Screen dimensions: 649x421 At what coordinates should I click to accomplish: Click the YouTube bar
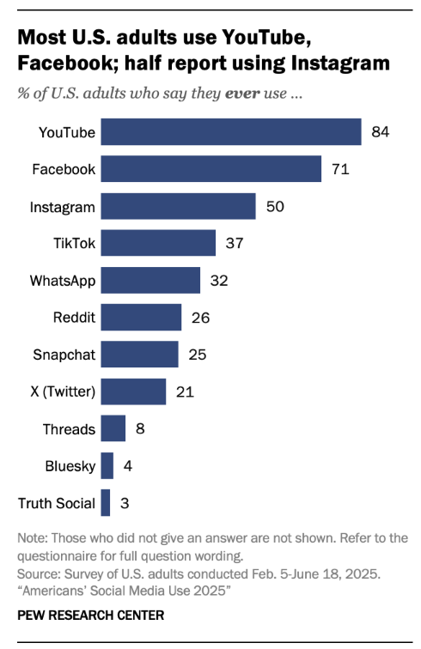point(230,132)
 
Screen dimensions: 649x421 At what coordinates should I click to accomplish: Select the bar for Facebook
point(210,169)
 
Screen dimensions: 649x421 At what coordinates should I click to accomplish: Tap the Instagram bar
point(178,206)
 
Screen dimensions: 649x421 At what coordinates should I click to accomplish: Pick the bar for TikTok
point(158,243)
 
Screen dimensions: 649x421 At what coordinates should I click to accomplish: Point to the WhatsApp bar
point(150,280)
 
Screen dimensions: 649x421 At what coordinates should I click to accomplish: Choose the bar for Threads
point(113,428)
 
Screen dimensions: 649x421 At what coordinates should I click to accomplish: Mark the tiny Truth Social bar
point(105,502)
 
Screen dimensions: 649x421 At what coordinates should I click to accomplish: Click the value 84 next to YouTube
point(381,132)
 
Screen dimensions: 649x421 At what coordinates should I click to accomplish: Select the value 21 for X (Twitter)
point(183,391)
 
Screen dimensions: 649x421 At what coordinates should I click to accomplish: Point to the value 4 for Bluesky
point(127,465)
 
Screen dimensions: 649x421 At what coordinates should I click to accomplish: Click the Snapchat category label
point(64,354)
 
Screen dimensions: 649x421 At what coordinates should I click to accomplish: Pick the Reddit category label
point(75,317)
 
